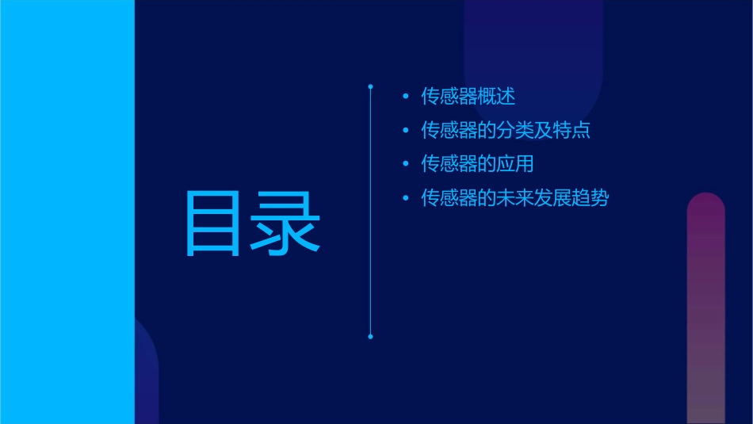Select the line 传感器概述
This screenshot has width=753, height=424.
pyautogui.click(x=468, y=97)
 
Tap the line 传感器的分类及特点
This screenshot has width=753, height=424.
pyautogui.click(x=506, y=130)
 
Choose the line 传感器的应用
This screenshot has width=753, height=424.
pyautogui.click(x=477, y=164)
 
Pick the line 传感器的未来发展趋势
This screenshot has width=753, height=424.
pyautogui.click(x=514, y=198)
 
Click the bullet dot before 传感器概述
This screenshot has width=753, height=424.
pyautogui.click(x=406, y=97)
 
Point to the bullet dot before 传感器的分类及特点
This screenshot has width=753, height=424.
pyautogui.click(x=406, y=131)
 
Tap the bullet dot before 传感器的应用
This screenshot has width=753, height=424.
pyautogui.click(x=406, y=165)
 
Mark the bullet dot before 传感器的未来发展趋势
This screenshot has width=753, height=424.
pyautogui.click(x=406, y=199)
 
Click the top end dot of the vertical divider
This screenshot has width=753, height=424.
pyautogui.click(x=370, y=86)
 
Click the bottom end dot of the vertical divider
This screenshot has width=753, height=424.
pyautogui.click(x=370, y=337)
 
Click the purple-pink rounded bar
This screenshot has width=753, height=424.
pyautogui.click(x=705, y=309)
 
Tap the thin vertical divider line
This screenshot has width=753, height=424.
pyautogui.click(x=370, y=238)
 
